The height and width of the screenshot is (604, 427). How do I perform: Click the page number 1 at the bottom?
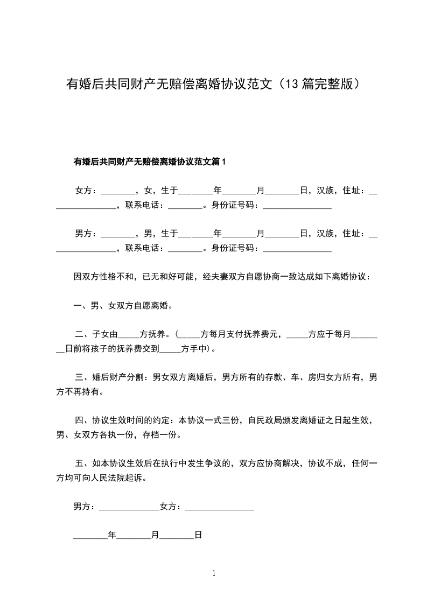(x=214, y=574)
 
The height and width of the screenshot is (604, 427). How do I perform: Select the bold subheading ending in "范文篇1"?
(x=150, y=161)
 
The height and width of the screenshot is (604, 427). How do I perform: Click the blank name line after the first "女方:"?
(x=117, y=192)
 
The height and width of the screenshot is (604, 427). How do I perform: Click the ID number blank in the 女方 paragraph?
(x=297, y=206)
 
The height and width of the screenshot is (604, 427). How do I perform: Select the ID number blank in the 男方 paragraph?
(x=297, y=249)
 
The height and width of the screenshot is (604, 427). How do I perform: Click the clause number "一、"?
(x=81, y=306)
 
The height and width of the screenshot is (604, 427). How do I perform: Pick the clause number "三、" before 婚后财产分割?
(x=83, y=378)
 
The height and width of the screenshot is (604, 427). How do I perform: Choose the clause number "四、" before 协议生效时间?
(x=83, y=420)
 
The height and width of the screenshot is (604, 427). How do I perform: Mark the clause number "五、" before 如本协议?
(x=83, y=463)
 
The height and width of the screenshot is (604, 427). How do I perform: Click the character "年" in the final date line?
(x=112, y=536)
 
